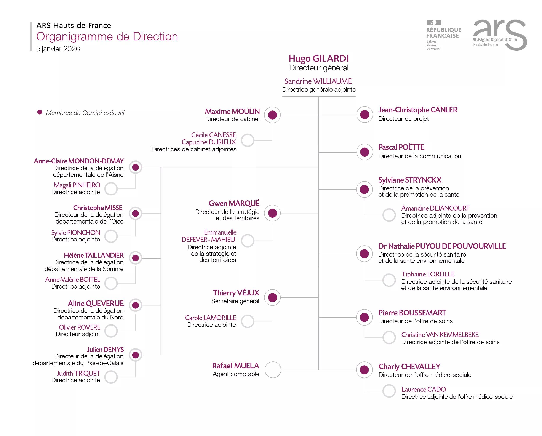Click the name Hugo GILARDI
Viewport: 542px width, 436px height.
pos(318,59)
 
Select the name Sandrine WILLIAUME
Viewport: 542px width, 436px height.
pos(318,81)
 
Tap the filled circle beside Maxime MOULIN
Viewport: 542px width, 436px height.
pos(272,115)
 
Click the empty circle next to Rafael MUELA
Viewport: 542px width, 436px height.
pos(273,370)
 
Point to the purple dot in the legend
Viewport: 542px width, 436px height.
pos(40,112)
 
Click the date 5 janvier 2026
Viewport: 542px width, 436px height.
pos(58,49)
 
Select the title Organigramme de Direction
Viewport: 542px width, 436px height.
pos(107,37)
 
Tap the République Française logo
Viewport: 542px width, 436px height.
pos(443,35)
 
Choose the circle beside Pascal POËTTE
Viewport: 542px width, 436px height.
pos(365,152)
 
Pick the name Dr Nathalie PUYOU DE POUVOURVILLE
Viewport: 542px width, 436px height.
pos(442,246)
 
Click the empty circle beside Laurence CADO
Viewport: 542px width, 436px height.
pos(389,391)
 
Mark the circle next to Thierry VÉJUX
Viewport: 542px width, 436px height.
pos(272,297)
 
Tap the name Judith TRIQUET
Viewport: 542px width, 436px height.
pos(78,374)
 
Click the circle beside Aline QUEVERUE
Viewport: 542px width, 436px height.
pos(136,305)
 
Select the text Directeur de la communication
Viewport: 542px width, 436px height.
pos(420,156)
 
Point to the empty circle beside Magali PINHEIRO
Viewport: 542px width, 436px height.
pos(111,189)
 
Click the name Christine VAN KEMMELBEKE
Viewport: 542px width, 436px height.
pos(440,335)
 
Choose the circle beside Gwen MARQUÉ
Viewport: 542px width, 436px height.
pos(272,213)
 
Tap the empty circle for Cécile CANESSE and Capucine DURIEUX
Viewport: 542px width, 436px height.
pos(248,140)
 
